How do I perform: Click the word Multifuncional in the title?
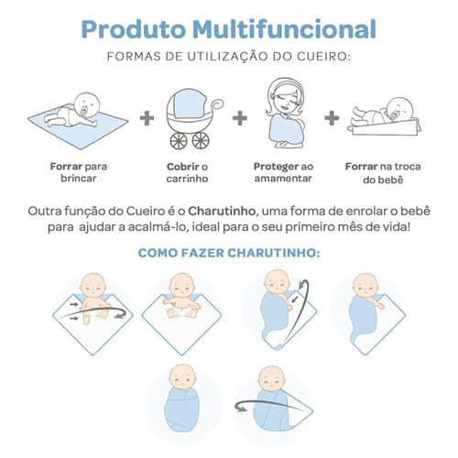(284, 29)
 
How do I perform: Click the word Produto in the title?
(134, 29)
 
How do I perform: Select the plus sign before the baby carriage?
(147, 118)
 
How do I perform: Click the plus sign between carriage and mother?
(240, 118)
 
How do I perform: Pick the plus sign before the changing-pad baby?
(332, 118)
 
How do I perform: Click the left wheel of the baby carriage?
(179, 141)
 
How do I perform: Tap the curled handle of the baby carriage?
(217, 104)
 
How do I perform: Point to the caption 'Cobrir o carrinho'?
(187, 173)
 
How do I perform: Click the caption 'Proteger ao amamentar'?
(283, 172)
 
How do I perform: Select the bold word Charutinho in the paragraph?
(222, 211)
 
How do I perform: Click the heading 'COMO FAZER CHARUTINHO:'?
(229, 253)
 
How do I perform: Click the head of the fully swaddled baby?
(182, 376)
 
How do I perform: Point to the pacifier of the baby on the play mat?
(83, 112)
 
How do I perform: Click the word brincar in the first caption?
(79, 179)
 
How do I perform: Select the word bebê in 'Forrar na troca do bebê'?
(392, 180)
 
